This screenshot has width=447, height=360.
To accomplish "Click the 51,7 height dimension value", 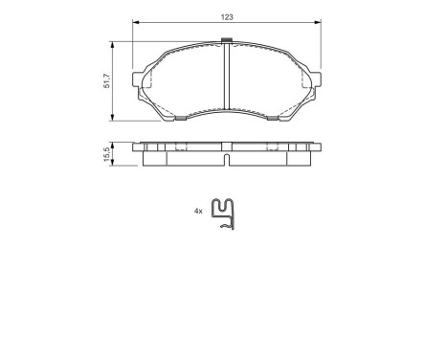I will click(x=107, y=81).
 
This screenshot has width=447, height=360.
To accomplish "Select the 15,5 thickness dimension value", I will click(x=107, y=153).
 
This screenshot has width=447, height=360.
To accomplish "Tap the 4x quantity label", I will click(x=198, y=211).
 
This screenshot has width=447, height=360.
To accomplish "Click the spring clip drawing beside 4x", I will click(x=225, y=214).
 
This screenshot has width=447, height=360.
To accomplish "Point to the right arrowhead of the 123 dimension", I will click(x=318, y=24).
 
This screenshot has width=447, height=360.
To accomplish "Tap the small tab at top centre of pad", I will click(x=226, y=40).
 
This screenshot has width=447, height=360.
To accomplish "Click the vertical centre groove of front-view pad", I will click(x=226, y=77).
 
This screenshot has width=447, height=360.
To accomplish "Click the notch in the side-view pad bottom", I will click(x=226, y=160).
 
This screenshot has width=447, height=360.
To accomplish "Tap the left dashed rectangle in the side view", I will click(x=177, y=148).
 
